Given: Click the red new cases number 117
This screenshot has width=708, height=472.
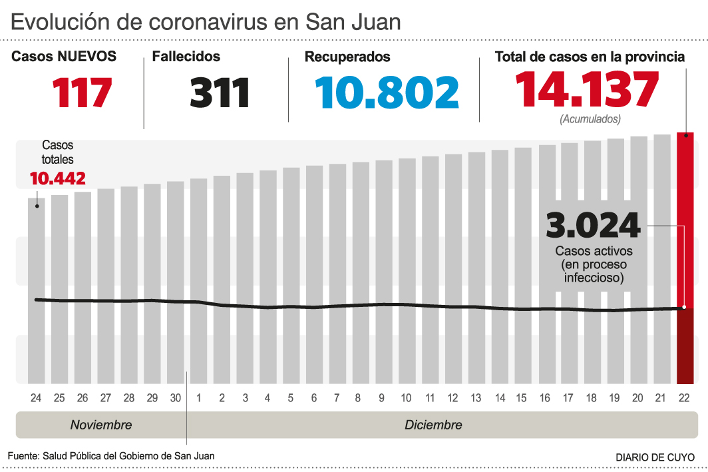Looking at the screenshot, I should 83,93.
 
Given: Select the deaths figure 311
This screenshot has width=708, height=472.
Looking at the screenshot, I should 220,93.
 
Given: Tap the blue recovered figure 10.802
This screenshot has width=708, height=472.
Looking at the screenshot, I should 387,93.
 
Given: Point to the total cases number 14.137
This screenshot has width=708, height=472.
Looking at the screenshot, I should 587,90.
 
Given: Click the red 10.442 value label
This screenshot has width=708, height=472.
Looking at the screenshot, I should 57,178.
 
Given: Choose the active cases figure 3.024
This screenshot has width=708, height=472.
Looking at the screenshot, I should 593,226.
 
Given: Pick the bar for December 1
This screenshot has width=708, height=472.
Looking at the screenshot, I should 198,280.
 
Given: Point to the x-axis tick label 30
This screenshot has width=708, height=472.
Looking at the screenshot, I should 176,398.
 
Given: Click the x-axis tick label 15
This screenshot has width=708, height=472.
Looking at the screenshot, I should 522,398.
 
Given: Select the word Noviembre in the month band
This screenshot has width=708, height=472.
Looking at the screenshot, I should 101,425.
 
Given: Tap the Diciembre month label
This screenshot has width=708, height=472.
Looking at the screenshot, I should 433,425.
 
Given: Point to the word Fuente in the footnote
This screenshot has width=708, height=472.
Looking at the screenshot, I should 23,456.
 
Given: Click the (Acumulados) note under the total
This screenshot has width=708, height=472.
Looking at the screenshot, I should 590,119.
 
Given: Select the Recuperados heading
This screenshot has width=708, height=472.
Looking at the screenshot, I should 347,57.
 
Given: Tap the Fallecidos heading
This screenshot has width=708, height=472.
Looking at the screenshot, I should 186,57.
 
